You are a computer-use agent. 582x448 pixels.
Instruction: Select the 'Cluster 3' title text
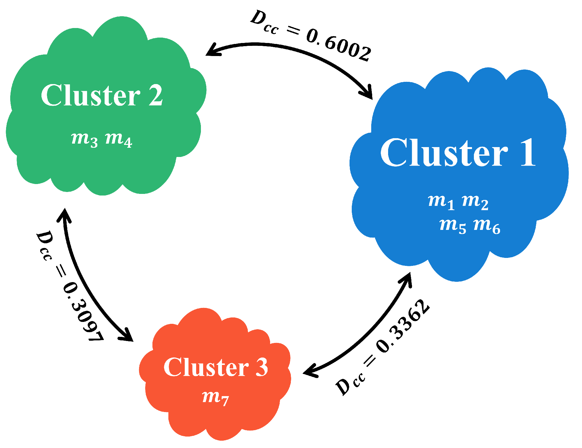pyautogui.click(x=216, y=367)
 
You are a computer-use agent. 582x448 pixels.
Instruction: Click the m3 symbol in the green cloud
pyautogui.click(x=85, y=139)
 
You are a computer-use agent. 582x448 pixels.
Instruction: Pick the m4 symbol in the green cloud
pyautogui.click(x=119, y=139)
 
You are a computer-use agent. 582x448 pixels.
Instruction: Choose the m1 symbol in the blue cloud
pyautogui.click(x=441, y=202)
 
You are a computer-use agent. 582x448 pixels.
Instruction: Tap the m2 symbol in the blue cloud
pyautogui.click(x=475, y=202)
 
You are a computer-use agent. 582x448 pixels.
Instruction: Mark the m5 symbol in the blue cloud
pyautogui.click(x=453, y=226)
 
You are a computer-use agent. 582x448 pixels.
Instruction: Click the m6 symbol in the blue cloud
pyautogui.click(x=487, y=226)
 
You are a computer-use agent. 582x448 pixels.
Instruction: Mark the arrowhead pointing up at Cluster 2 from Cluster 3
pyautogui.click(x=64, y=215)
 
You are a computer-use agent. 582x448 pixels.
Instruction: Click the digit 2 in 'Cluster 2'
pyautogui.click(x=156, y=96)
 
